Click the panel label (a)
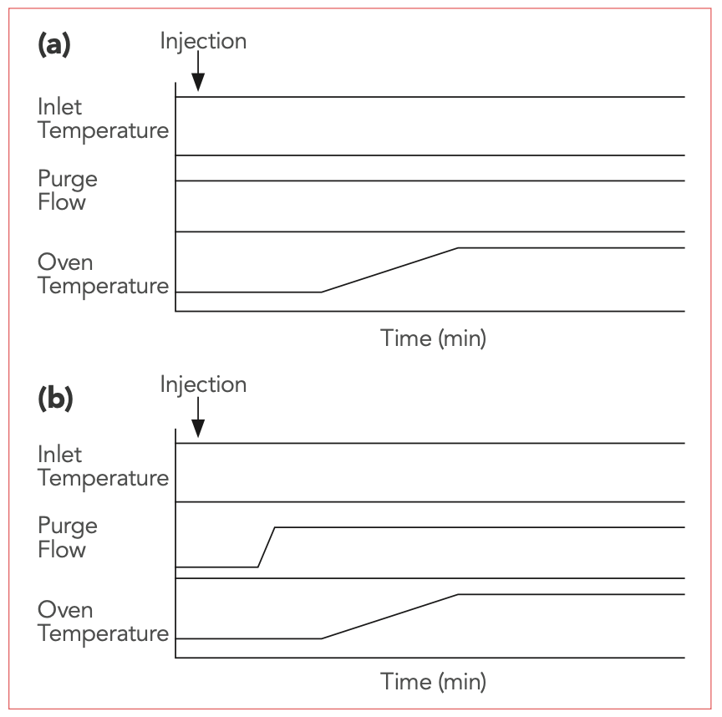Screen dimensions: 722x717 54,45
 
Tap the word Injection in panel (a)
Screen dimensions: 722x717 203,41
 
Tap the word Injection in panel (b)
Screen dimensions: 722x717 203,384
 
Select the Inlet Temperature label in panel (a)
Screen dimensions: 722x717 102,119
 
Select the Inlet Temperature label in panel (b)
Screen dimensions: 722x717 102,466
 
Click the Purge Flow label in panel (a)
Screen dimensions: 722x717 68,191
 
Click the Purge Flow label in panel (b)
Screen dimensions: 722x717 68,537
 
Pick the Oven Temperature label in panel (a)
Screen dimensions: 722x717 102,274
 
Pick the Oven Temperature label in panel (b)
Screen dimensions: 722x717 102,621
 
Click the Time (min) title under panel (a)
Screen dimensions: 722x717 433,338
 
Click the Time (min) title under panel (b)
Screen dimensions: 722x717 433,681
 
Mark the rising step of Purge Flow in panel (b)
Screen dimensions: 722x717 267,547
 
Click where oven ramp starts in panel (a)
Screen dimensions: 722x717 322,292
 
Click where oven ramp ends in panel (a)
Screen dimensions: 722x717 458,248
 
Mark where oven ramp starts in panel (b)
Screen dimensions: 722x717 322,638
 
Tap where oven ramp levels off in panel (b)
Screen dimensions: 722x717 458,594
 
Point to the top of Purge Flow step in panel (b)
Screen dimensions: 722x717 275,527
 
